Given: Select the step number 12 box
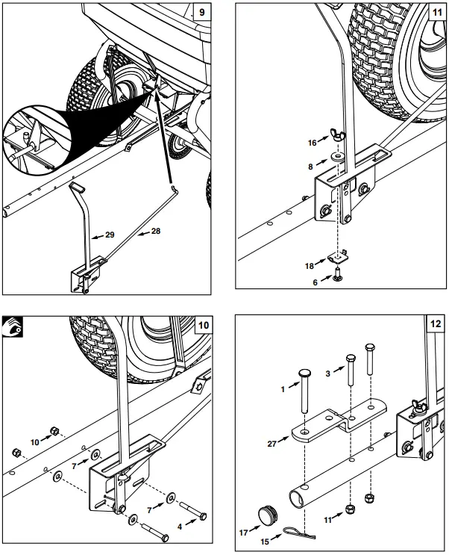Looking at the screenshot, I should pyautogui.click(x=434, y=325).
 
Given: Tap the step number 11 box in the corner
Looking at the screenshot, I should pyautogui.click(x=434, y=13).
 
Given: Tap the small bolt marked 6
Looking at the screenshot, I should pyautogui.click(x=338, y=277).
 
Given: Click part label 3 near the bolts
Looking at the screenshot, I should pyautogui.click(x=328, y=373).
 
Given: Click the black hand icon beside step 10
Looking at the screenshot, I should pyautogui.click(x=13, y=326).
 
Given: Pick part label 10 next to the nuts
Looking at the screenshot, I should pyautogui.click(x=34, y=442).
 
